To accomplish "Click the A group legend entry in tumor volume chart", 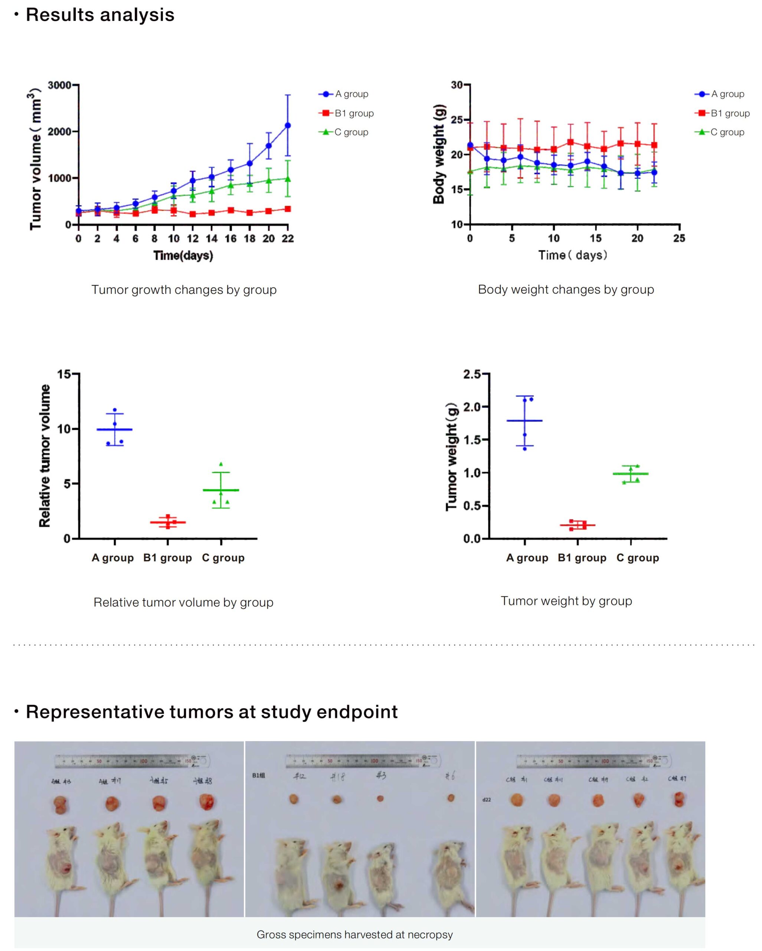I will click(343, 94).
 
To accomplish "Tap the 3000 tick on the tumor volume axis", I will click(59, 85).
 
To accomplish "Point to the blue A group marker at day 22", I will click(288, 125).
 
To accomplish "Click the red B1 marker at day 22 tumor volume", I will click(288, 209).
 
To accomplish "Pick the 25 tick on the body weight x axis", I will click(679, 238).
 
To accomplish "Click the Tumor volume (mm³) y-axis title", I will click(35, 159).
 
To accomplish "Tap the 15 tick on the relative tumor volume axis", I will click(64, 374).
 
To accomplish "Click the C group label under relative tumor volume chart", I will click(223, 558).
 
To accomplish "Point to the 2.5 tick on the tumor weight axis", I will click(472, 374).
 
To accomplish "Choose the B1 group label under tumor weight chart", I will click(582, 558).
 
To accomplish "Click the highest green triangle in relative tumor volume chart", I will click(221, 464).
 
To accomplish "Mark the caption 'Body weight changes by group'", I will click(566, 290).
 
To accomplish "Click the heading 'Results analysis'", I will click(100, 15).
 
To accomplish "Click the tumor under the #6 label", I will click(451, 798).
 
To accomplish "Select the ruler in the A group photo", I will click(132, 760).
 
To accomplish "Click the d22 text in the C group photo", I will click(487, 800).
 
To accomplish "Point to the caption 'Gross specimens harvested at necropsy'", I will click(354, 935).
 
